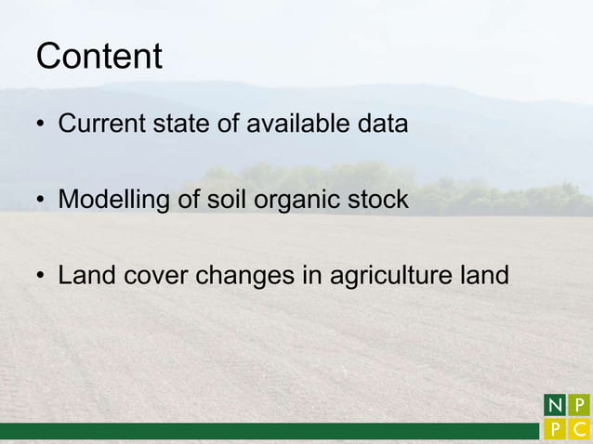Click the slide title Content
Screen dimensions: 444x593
[x=99, y=57]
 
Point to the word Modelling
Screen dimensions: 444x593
[x=112, y=200]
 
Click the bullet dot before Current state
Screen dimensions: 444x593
[x=42, y=125]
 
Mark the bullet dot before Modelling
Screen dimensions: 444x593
[x=42, y=202]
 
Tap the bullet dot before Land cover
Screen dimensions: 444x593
[x=42, y=278]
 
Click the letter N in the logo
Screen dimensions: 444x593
[x=554, y=406]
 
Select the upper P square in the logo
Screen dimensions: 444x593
[x=579, y=406]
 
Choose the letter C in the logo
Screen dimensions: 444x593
[x=579, y=431]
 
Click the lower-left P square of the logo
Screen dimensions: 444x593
[x=554, y=431]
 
